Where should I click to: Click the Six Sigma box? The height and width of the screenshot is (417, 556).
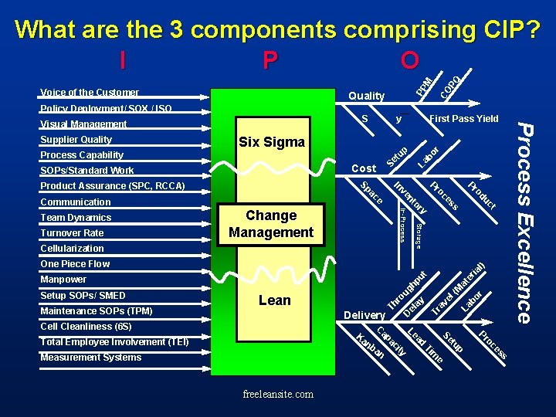[x=272, y=142]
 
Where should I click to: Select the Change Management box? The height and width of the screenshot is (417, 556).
[x=271, y=224]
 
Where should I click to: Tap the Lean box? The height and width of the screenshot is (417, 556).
[x=275, y=300]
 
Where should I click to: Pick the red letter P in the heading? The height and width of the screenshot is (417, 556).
[x=270, y=59]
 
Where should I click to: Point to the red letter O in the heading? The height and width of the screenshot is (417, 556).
[x=410, y=59]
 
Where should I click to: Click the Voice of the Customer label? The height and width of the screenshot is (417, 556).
[x=90, y=93]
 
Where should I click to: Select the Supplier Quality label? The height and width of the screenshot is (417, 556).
[x=76, y=140]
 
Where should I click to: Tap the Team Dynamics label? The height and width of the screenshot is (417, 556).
[x=76, y=218]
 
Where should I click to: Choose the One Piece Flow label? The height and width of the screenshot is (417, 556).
[x=75, y=264]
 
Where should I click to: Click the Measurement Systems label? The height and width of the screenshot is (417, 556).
[x=90, y=358]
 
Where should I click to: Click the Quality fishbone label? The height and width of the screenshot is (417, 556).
[x=366, y=96]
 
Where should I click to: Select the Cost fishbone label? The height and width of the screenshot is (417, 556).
[x=364, y=168]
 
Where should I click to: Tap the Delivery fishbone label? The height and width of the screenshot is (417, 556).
[x=364, y=315]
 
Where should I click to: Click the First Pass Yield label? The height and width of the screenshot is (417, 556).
[x=464, y=119]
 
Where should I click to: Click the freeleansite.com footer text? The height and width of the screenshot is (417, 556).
[x=278, y=395]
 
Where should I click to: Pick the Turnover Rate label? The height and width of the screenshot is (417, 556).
[x=72, y=233]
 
